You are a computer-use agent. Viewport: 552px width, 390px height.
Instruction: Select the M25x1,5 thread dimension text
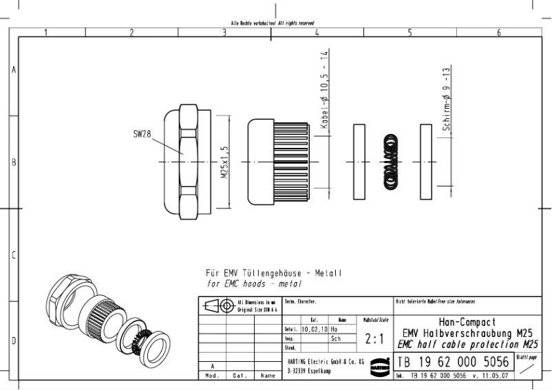pos(224,162)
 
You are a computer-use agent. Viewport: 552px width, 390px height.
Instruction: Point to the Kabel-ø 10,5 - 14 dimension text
pos(324,89)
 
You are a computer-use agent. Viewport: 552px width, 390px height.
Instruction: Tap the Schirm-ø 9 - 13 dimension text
pos(447,100)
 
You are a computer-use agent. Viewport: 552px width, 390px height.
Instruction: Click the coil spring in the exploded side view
pos(390,162)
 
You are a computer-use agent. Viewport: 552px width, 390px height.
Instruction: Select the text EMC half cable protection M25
pos(465,345)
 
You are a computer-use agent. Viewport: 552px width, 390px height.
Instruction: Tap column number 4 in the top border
pos(316,32)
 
